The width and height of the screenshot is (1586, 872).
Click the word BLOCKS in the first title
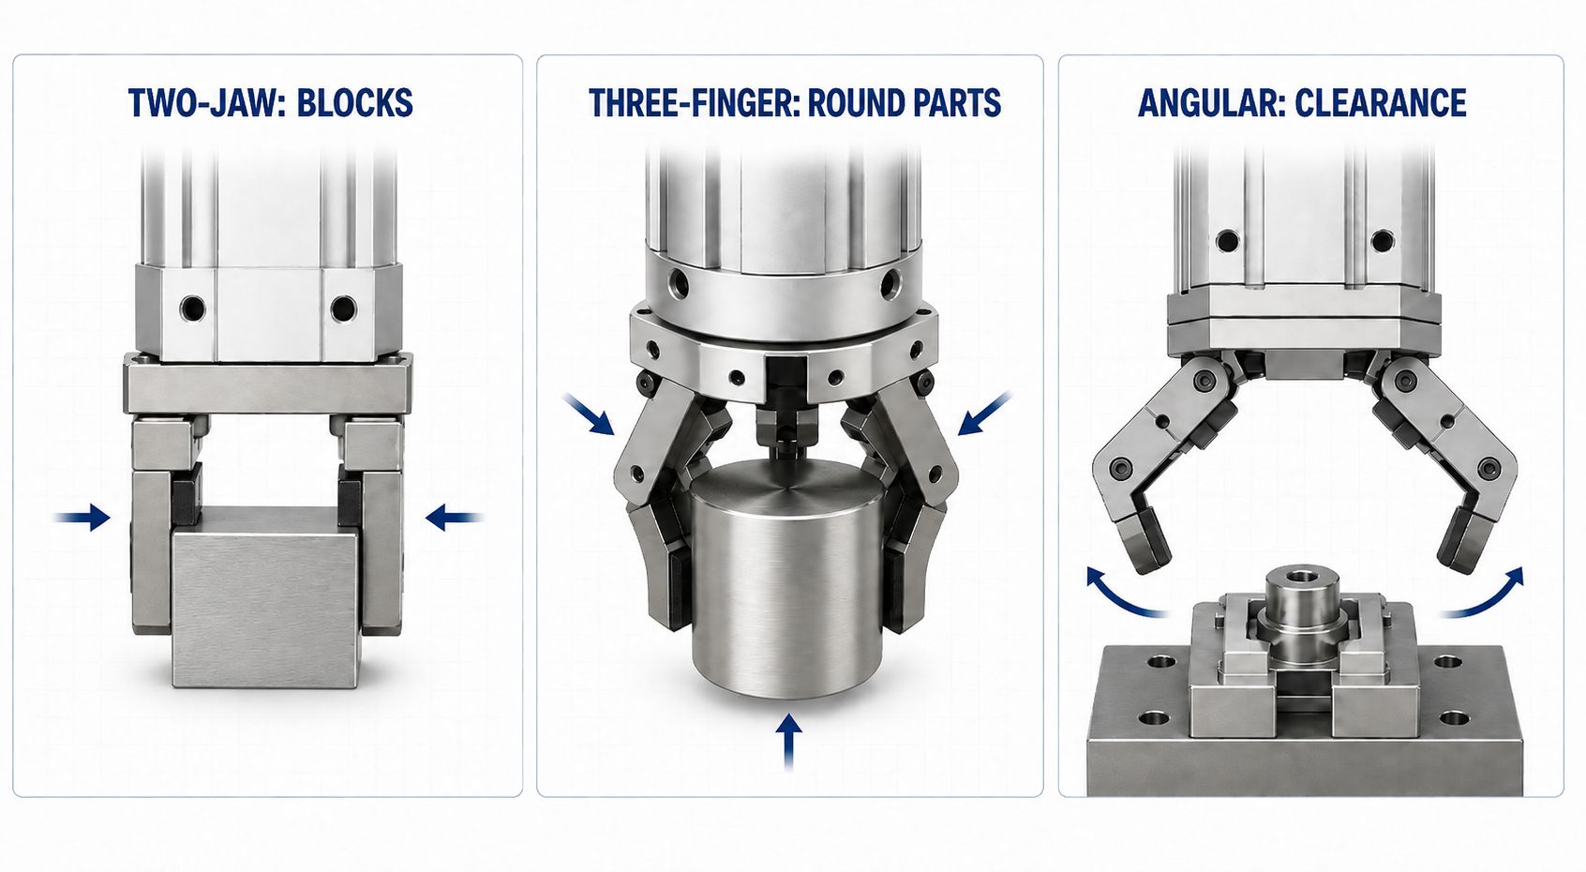pyautogui.click(x=354, y=103)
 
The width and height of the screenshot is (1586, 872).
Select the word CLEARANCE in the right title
pyautogui.click(x=1381, y=103)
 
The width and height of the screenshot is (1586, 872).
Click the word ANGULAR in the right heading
pyautogui.click(x=1211, y=103)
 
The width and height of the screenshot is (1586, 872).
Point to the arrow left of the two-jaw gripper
pyautogui.click(x=82, y=518)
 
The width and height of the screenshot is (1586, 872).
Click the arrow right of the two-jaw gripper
pyautogui.click(x=455, y=518)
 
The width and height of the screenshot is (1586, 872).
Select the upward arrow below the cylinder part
pyautogui.click(x=788, y=740)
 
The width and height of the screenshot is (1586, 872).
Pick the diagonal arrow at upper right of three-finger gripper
pyautogui.click(x=984, y=413)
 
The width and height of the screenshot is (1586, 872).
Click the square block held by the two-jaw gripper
pyautogui.click(x=265, y=596)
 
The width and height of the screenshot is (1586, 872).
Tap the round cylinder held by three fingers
pyautogui.click(x=786, y=578)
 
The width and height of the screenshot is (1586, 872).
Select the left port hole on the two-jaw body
pyautogui.click(x=192, y=308)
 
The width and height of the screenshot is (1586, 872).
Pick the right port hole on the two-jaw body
pyautogui.click(x=343, y=308)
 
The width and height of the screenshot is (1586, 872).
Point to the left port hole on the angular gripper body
pyautogui.click(x=1228, y=241)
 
